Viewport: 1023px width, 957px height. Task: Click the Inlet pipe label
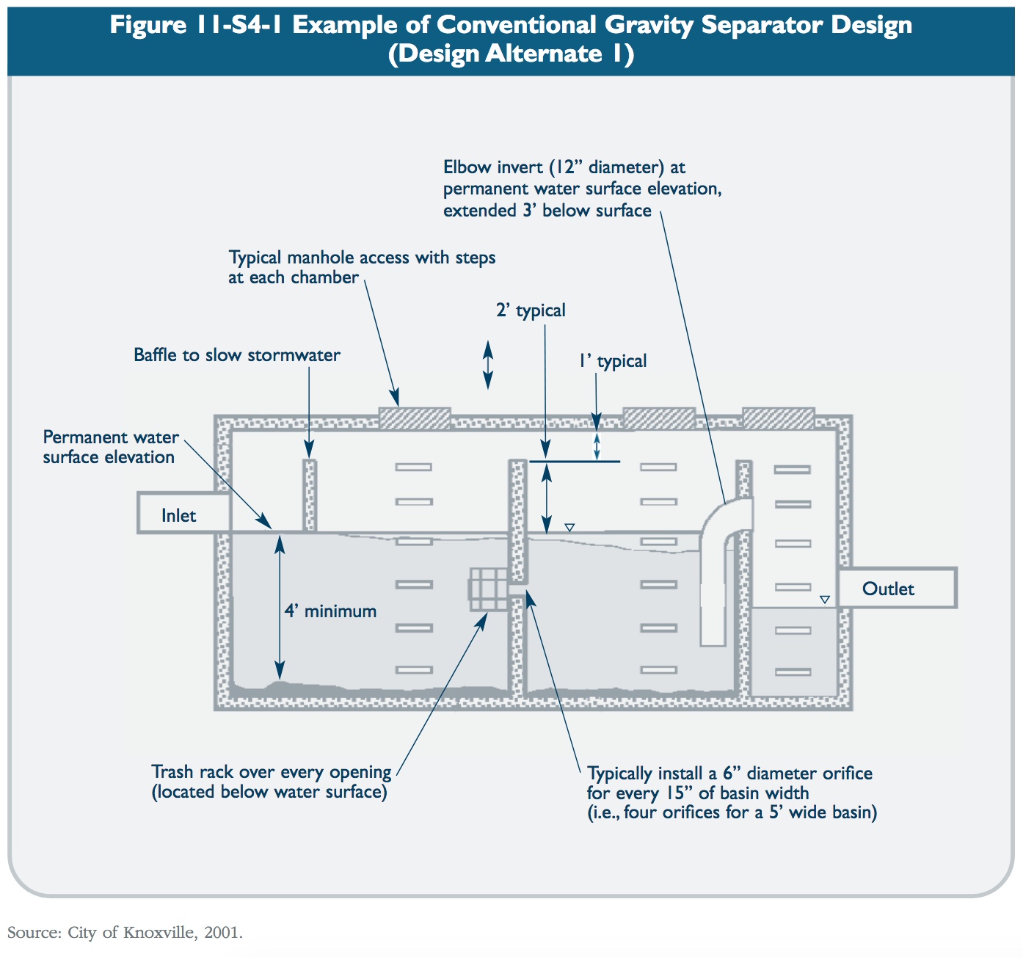pyautogui.click(x=178, y=516)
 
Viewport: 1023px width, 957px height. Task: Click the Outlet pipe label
pyautogui.click(x=888, y=589)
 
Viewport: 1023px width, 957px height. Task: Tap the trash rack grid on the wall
pyautogui.click(x=487, y=589)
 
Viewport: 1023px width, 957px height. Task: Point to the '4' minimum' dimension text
pyautogui.click(x=331, y=611)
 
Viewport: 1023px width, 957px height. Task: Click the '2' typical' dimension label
pyautogui.click(x=531, y=310)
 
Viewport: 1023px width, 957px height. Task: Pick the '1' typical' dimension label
pyautogui.click(x=613, y=361)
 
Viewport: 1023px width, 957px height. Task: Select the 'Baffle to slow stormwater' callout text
pyautogui.click(x=236, y=355)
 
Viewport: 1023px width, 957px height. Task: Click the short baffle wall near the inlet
pyautogui.click(x=310, y=495)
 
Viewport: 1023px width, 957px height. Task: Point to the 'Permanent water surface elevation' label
pyautogui.click(x=109, y=447)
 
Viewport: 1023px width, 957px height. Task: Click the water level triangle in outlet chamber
pyautogui.click(x=824, y=600)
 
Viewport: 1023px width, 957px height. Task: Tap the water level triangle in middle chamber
pyautogui.click(x=569, y=527)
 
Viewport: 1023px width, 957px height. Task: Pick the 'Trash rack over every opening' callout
pyautogui.click(x=271, y=782)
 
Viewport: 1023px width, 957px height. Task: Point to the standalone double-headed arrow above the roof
pyautogui.click(x=487, y=365)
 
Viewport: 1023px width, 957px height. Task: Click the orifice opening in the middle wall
pyautogui.click(x=518, y=589)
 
